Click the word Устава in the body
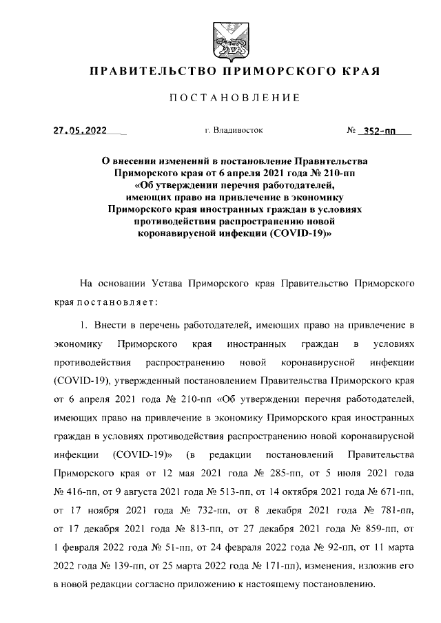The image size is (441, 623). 177,283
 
